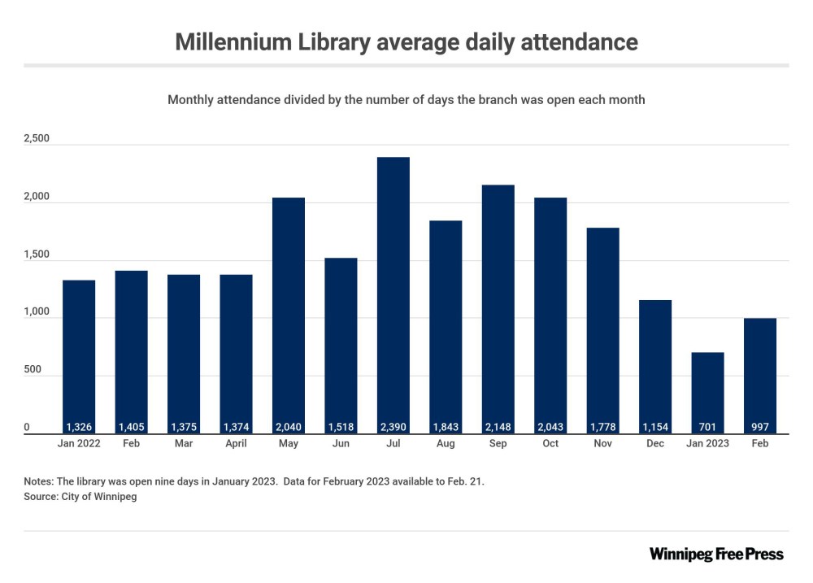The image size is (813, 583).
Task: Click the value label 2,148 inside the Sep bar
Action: [x=498, y=426]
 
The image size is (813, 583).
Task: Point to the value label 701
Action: [x=707, y=426]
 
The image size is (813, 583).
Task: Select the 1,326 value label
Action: [x=79, y=426]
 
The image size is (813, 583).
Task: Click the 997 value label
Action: [x=760, y=426]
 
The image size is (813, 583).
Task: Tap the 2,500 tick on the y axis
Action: [x=37, y=139]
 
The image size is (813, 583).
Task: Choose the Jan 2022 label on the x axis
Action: [x=79, y=444]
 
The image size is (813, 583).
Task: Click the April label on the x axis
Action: [x=236, y=444]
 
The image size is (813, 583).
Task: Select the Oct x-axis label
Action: [x=550, y=444]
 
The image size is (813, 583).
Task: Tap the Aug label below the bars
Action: [x=446, y=444]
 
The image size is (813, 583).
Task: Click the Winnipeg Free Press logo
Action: [x=716, y=555]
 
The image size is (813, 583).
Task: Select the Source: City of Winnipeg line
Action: [x=80, y=496]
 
